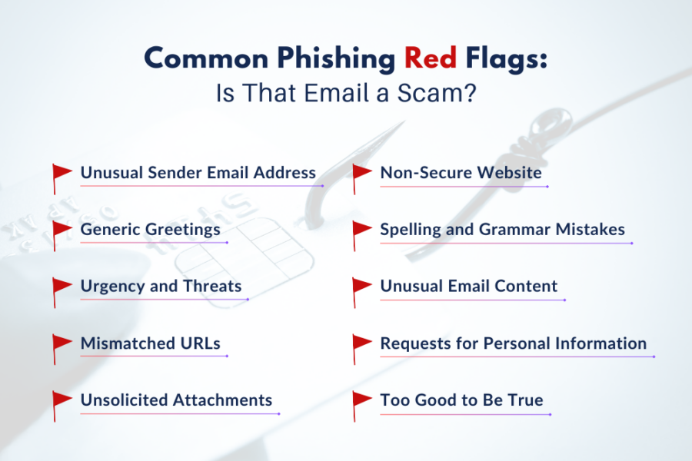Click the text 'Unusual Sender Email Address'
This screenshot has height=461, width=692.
198,172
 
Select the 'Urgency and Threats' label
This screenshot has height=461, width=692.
161,286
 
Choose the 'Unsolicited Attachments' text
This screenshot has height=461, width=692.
176,400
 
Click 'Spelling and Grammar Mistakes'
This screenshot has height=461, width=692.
502,229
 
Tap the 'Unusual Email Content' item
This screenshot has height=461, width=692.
468,286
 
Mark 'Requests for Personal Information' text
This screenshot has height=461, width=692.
513,343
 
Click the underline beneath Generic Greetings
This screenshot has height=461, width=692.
154,243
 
